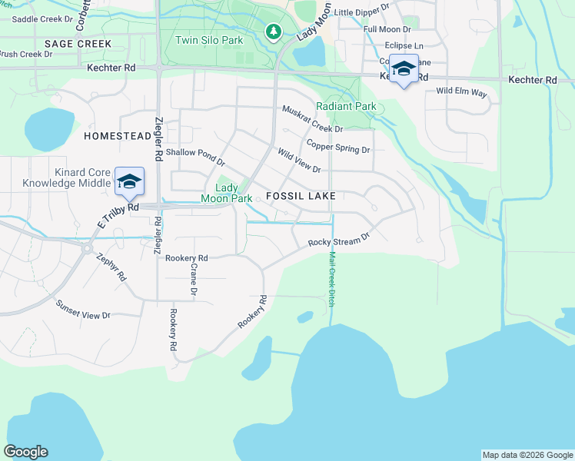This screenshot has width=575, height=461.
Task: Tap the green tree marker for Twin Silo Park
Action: [x=272, y=32]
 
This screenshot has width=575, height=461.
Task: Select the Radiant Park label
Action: [x=346, y=107]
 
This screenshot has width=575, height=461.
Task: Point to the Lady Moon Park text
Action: [x=227, y=193]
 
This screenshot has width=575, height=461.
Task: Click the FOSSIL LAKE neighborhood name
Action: [x=301, y=197]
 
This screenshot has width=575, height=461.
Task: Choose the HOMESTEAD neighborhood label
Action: [x=118, y=136]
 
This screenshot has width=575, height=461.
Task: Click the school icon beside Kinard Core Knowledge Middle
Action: [x=130, y=181]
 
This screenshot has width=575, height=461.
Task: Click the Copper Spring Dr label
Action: [x=338, y=145]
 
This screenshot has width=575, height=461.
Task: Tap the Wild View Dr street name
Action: [x=299, y=161]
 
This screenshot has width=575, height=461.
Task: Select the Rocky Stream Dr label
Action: [x=339, y=240]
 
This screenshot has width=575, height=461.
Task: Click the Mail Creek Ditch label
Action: [x=332, y=280]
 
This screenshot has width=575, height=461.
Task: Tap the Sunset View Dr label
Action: [x=83, y=310]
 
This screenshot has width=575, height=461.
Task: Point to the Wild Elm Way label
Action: [x=462, y=92]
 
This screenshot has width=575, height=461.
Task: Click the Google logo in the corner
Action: [x=25, y=452]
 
